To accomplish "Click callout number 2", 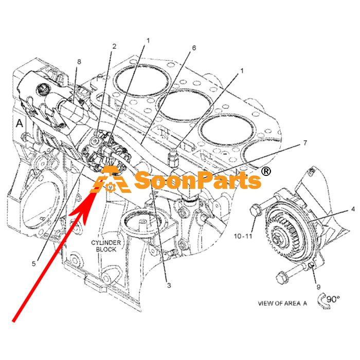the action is [114, 47].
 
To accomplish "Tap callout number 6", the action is [194, 48].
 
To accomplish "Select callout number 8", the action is [79, 62].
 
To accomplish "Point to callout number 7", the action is [305, 143].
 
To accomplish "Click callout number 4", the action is [353, 209].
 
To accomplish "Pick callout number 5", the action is [34, 263].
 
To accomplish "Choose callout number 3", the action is [169, 285].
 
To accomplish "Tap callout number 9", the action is [318, 287].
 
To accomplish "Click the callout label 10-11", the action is [243, 236].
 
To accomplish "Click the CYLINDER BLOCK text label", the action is [106, 246].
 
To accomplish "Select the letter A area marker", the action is [20, 123].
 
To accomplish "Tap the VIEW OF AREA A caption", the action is [282, 303].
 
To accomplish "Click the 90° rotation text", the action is [333, 299].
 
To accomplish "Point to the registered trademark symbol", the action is [266, 171].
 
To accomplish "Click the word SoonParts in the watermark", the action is [197, 180].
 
